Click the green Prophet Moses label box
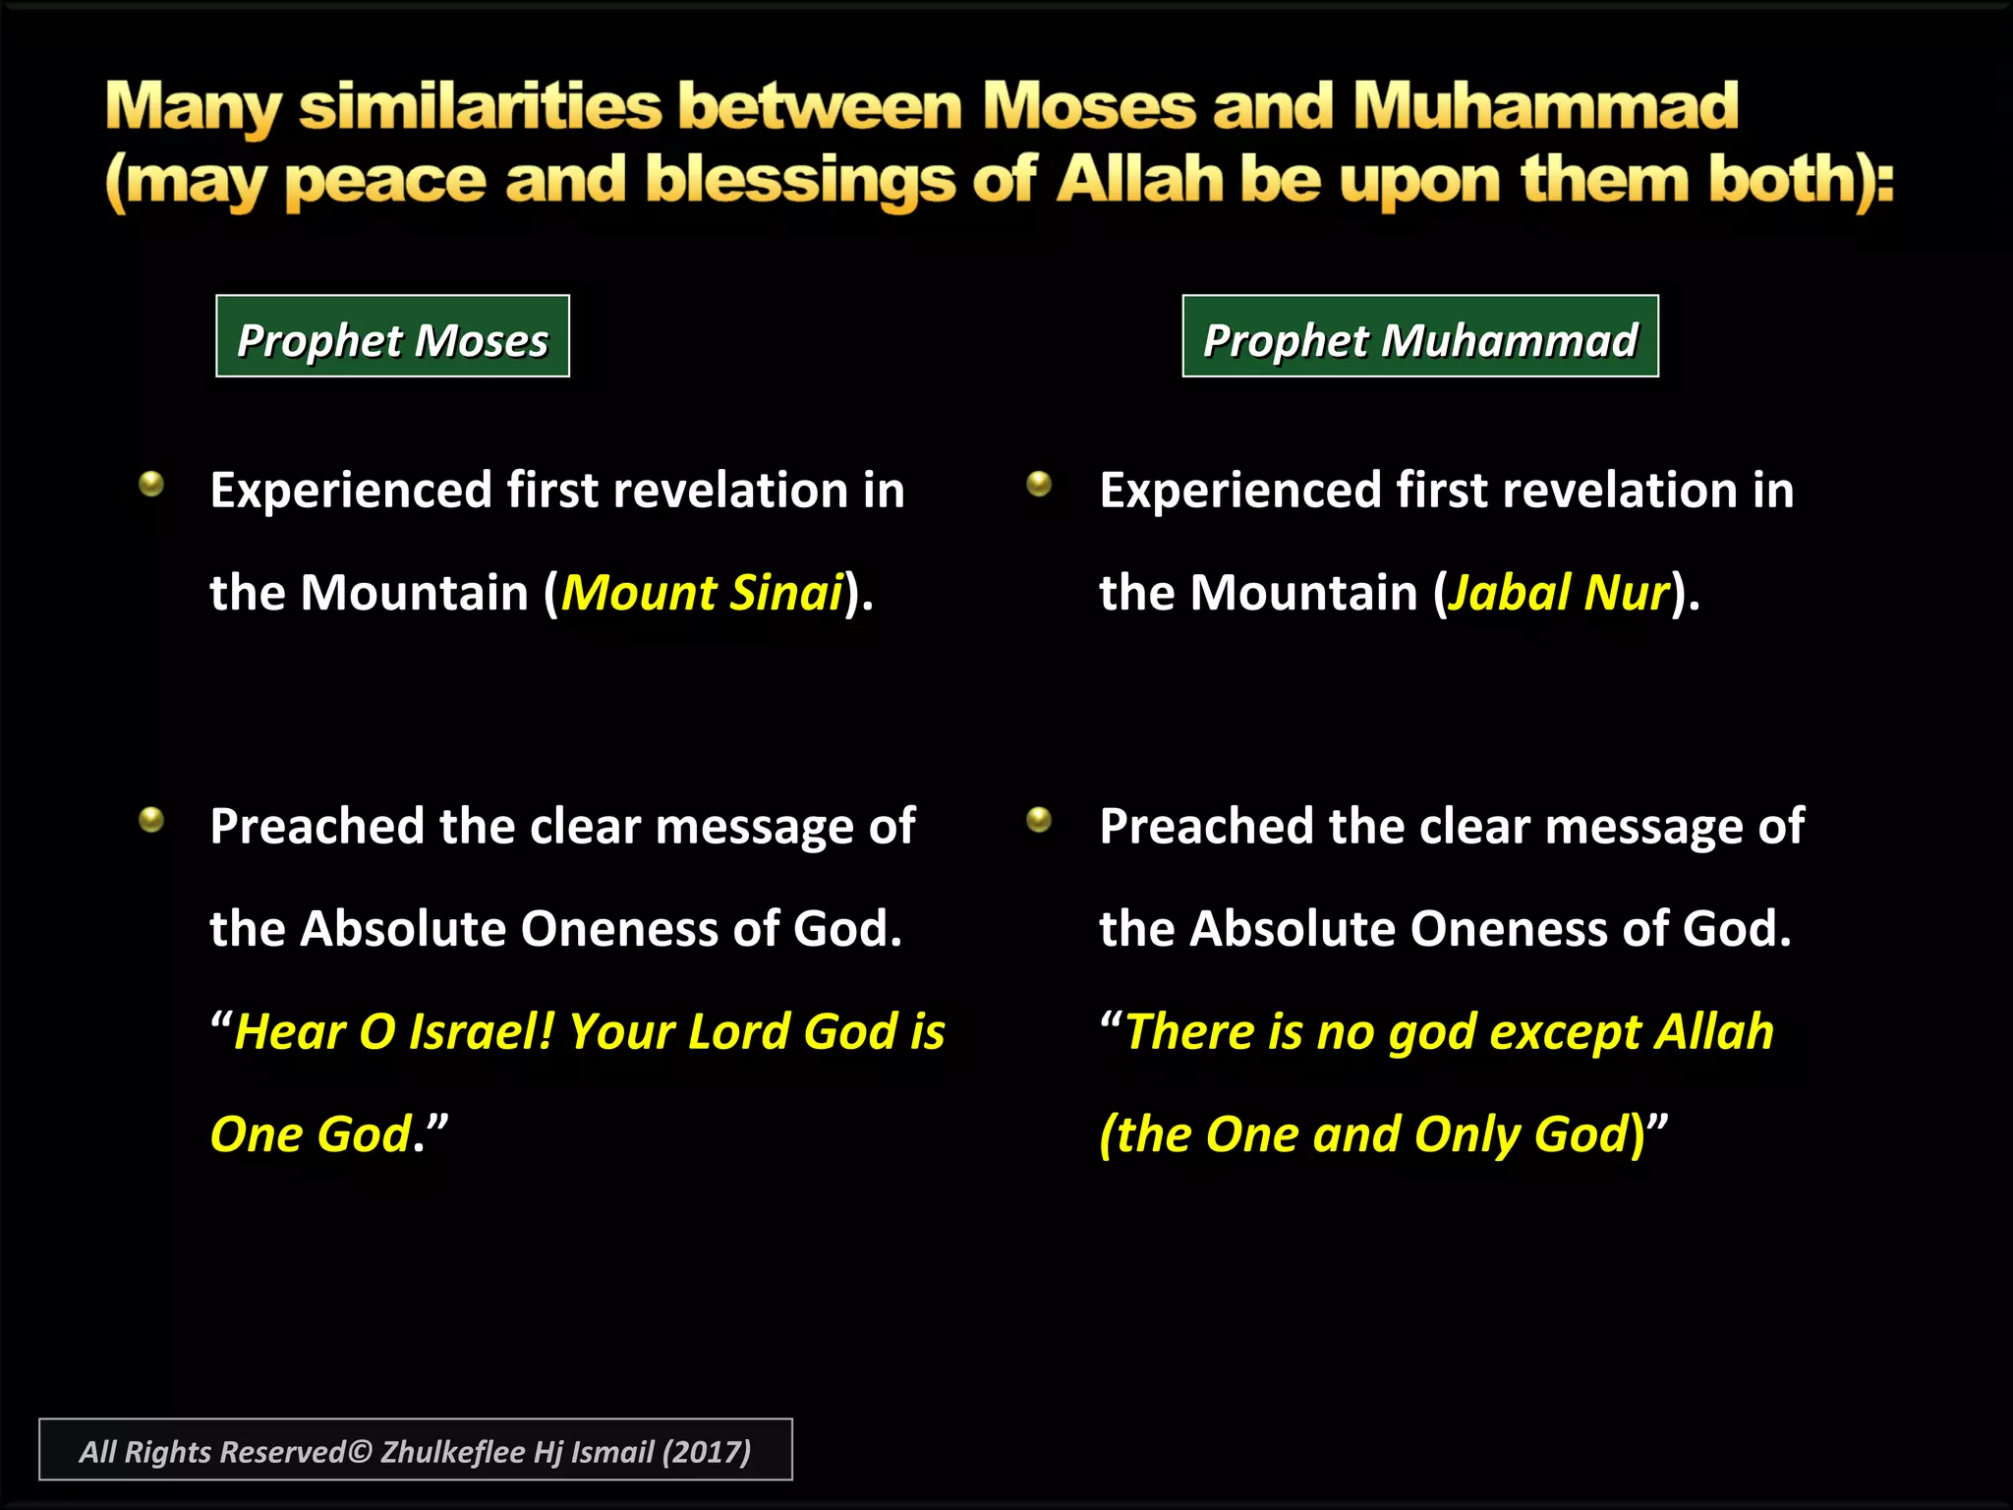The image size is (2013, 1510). (392, 336)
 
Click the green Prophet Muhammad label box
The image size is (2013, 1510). (1419, 336)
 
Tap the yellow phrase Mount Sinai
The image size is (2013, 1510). (702, 593)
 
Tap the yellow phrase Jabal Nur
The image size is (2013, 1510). (1558, 593)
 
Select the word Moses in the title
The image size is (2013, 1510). (1089, 106)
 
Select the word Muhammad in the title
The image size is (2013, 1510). (1545, 106)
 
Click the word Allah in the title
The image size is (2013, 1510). (1140, 181)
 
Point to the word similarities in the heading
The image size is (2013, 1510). (481, 106)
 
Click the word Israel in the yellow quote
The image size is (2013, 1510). (482, 1032)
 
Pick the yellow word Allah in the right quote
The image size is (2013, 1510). (1714, 1032)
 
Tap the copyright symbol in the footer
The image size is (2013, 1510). (361, 1452)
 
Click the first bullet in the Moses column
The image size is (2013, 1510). (151, 484)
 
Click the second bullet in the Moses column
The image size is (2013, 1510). (151, 819)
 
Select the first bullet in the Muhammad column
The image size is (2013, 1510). (1039, 484)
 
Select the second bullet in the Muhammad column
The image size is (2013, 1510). (1039, 819)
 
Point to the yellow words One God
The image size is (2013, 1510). (311, 1134)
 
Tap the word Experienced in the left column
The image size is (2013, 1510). (351, 491)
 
